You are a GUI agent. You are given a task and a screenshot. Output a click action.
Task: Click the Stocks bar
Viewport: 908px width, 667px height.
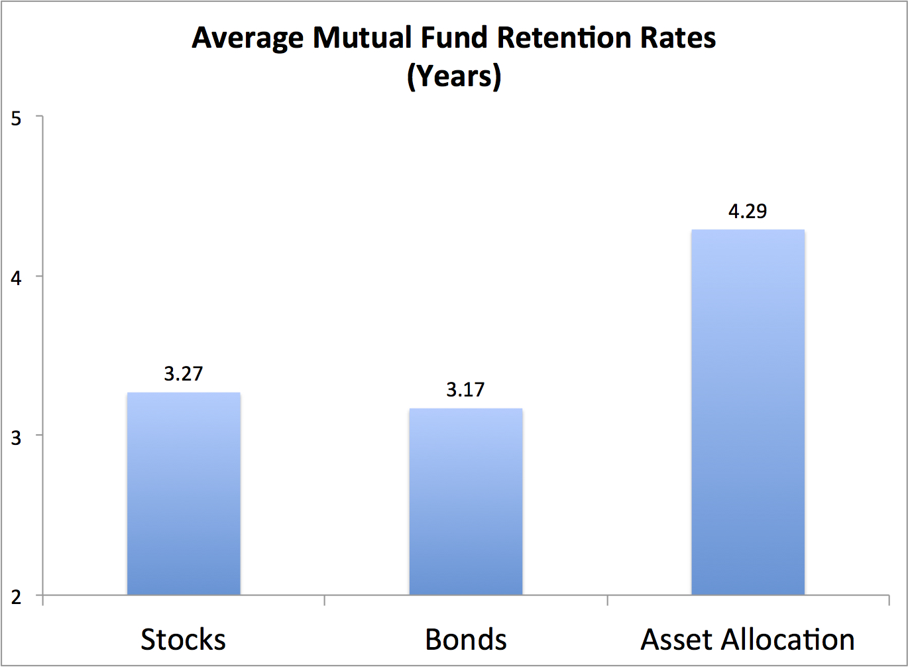pyautogui.click(x=184, y=493)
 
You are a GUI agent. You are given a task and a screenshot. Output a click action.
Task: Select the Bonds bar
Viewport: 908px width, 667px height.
pyautogui.click(x=466, y=501)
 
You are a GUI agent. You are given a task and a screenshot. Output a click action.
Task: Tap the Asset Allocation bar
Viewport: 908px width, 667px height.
pyautogui.click(x=748, y=412)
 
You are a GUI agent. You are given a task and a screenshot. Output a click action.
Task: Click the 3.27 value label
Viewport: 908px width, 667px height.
pyautogui.click(x=184, y=374)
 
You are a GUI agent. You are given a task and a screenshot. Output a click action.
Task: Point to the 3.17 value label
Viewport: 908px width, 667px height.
pyautogui.click(x=465, y=390)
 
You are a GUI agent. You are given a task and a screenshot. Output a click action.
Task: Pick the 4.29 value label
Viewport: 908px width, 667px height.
pyautogui.click(x=748, y=212)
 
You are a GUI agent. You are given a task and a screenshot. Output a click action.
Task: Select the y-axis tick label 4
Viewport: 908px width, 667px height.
pyautogui.click(x=17, y=277)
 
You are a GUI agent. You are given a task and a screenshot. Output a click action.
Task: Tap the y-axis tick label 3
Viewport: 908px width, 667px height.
pyautogui.click(x=17, y=436)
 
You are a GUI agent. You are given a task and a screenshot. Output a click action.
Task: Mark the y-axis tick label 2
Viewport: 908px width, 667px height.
pyautogui.click(x=17, y=596)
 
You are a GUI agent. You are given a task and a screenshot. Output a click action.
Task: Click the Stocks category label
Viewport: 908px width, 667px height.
pyautogui.click(x=184, y=640)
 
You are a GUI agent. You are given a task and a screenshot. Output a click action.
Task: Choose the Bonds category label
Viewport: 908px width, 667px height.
pyautogui.click(x=466, y=640)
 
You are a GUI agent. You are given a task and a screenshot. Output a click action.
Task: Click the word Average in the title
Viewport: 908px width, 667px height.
pyautogui.click(x=249, y=38)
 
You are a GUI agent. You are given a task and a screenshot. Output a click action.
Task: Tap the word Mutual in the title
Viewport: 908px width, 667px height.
pyautogui.click(x=363, y=38)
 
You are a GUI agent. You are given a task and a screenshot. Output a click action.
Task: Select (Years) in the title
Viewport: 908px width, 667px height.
pyautogui.click(x=454, y=77)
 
